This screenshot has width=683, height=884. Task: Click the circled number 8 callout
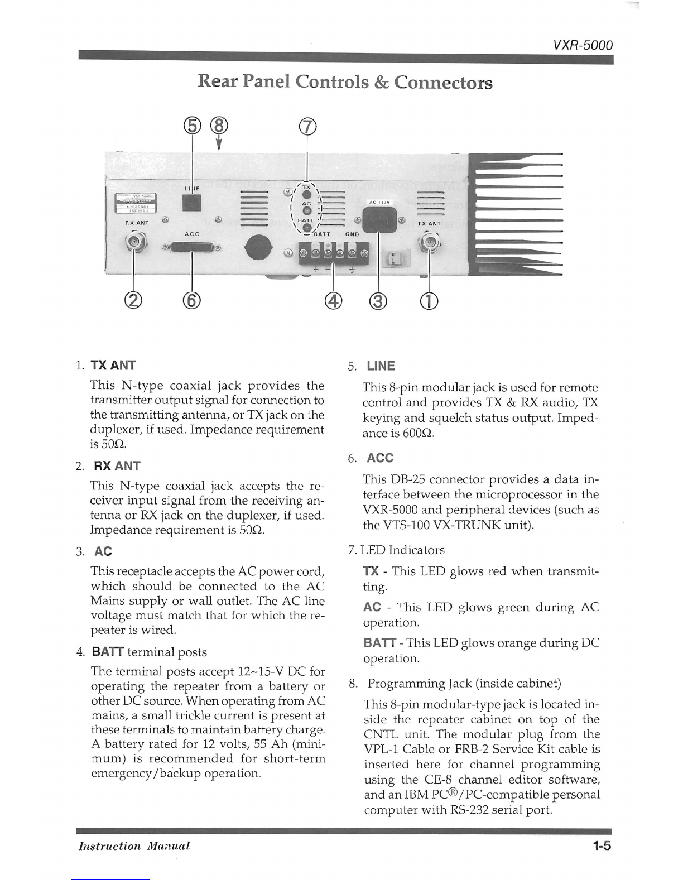(x=219, y=127)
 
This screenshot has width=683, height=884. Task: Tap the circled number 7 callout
(x=307, y=127)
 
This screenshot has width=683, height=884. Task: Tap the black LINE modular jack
(x=191, y=203)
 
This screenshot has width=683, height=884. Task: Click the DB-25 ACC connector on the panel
(x=191, y=247)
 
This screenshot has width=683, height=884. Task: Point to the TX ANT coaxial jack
(x=430, y=242)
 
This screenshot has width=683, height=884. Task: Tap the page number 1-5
(x=602, y=846)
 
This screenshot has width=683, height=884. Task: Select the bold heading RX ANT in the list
(x=117, y=466)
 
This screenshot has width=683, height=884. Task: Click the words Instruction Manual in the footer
(x=134, y=846)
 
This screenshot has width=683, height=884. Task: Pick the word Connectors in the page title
(x=443, y=83)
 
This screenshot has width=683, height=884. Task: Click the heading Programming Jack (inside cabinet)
(x=464, y=683)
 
